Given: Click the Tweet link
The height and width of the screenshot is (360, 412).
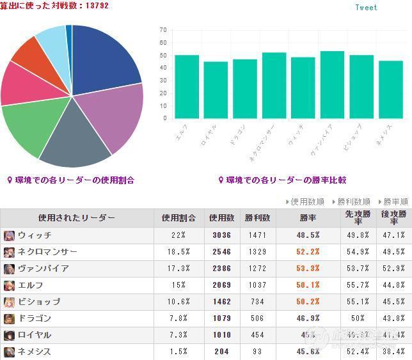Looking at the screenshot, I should pos(366,8).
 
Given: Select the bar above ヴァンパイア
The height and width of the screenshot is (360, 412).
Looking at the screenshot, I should pos(332,84).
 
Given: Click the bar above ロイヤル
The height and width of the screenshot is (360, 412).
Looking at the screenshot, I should pos(216,90).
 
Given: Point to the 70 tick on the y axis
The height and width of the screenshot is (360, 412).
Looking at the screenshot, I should pos(163,30).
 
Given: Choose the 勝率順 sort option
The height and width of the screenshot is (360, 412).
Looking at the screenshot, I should pos(395,201).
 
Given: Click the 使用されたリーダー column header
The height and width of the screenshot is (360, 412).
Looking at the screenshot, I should pos(77,218).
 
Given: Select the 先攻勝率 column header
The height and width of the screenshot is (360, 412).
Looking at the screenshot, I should pos(357,218).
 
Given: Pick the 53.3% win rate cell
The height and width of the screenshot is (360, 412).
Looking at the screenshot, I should pos(308,269).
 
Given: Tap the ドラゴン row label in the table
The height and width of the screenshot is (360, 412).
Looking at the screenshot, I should pos(35,318).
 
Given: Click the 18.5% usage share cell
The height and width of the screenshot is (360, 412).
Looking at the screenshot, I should pos(175,252).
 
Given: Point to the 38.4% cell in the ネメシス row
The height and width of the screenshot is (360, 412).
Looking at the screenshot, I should pos(393,352).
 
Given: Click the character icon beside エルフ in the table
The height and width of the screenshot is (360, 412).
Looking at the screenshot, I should pos(9,285).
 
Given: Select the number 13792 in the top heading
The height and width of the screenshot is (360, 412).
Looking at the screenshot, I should pos(96,6).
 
